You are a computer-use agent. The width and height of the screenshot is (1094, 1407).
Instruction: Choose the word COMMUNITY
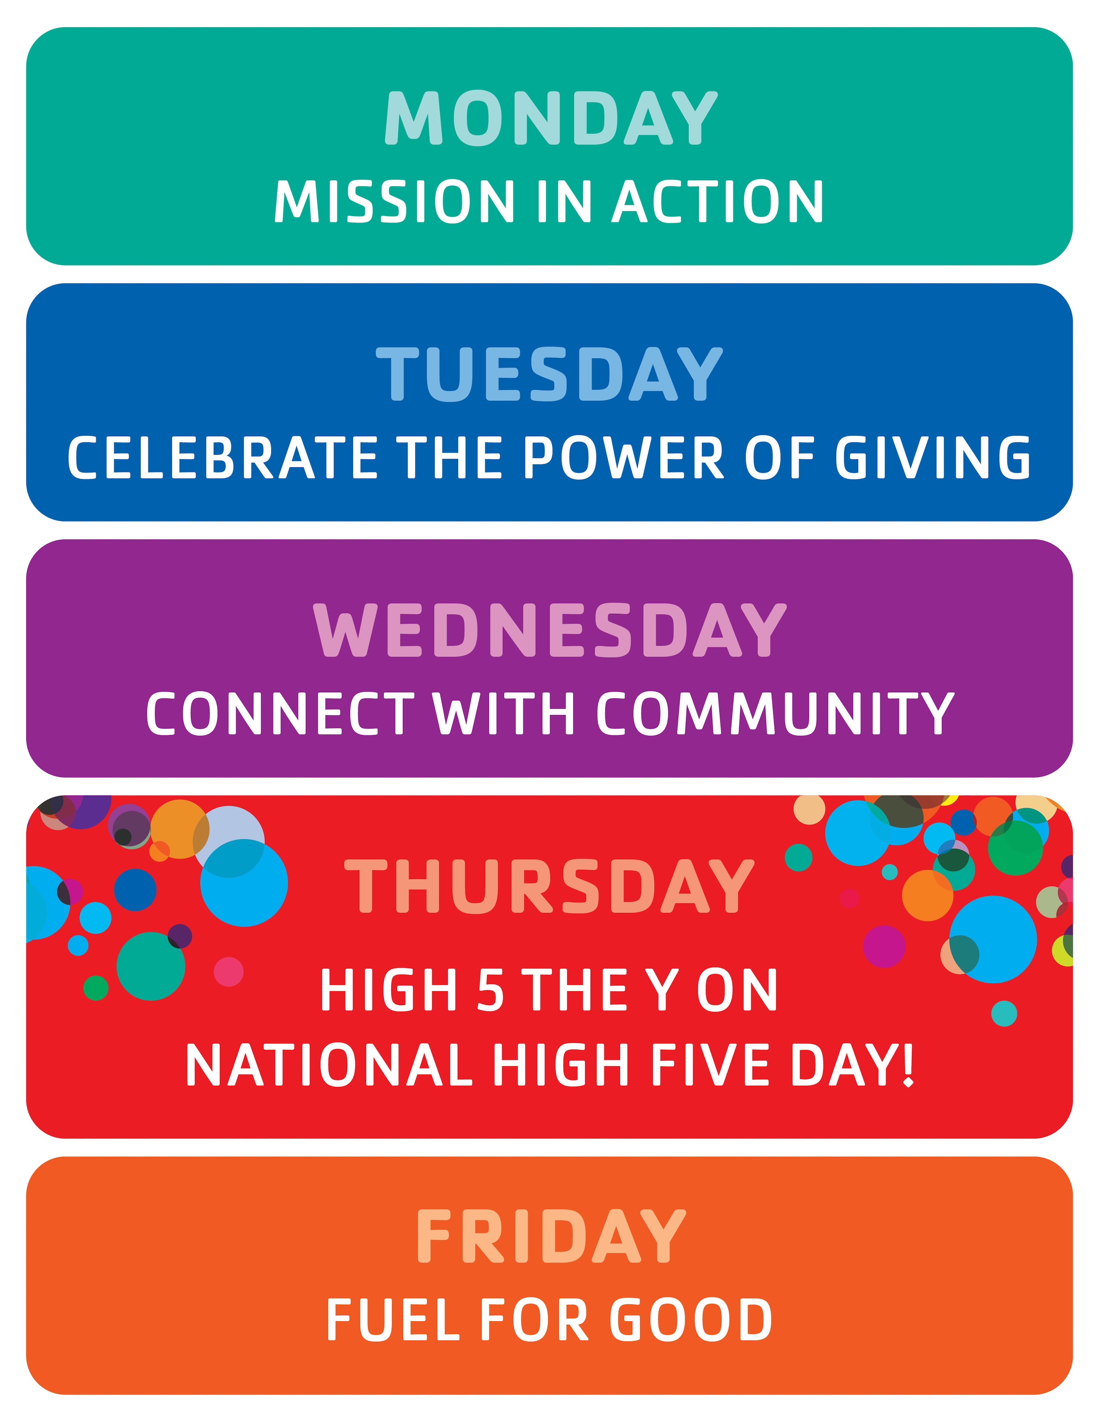click(775, 714)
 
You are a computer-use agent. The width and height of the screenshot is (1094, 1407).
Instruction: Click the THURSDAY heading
click(550, 886)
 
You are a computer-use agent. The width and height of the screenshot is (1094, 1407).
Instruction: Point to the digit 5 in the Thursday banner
click(490, 991)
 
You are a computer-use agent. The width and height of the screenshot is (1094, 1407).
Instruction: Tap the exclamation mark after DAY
click(908, 1066)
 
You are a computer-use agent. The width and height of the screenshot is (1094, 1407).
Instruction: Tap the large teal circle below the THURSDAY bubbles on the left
click(151, 966)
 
